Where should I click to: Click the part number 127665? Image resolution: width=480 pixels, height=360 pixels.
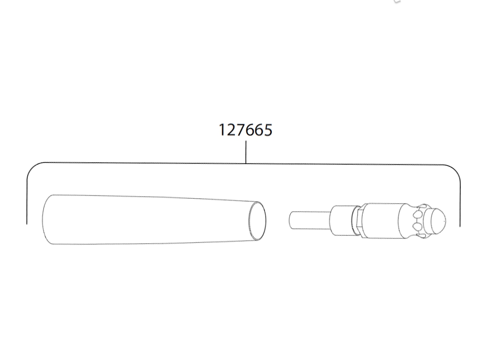click(246, 130)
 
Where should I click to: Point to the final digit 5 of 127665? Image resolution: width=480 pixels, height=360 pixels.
click(268, 130)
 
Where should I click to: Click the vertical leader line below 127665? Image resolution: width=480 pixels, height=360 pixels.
click(246, 152)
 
